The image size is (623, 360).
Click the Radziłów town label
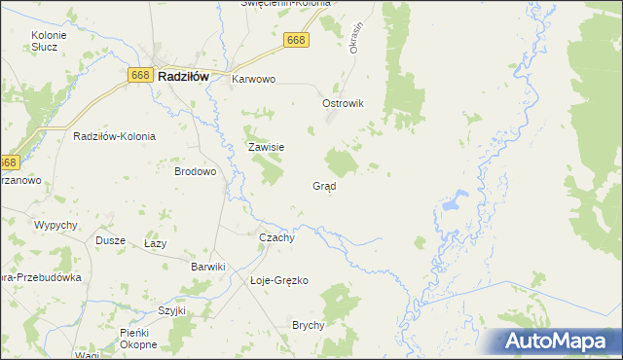pyautogui.click(x=190, y=75)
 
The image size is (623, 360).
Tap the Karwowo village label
pyautogui.click(x=254, y=80)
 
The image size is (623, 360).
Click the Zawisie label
pyautogui.click(x=265, y=147)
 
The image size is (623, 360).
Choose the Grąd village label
pyautogui.click(x=324, y=185)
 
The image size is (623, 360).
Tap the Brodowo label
pyautogui.click(x=195, y=170)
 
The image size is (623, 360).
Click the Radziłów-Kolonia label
pyautogui.click(x=114, y=136)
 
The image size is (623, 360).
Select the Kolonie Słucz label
pyautogui.click(x=48, y=40)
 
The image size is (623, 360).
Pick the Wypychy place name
pyautogui.click(x=55, y=225)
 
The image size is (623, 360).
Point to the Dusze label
pyautogui.click(x=110, y=239)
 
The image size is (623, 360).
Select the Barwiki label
pyautogui.click(x=208, y=267)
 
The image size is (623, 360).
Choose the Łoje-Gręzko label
pyautogui.click(x=278, y=280)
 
